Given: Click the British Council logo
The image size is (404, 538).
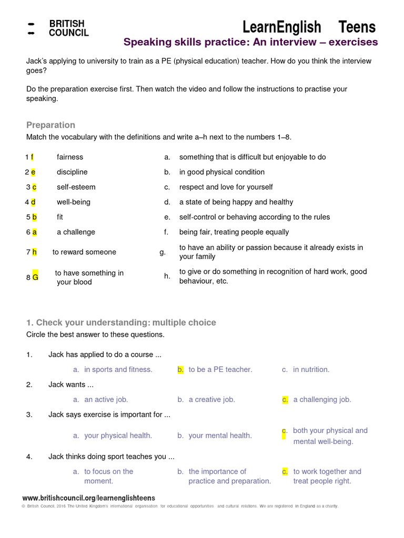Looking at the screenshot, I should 57,28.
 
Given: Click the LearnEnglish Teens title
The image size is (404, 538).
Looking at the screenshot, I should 309,27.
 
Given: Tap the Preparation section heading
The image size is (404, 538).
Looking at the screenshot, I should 50,125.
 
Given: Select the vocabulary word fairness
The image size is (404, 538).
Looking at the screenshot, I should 70,157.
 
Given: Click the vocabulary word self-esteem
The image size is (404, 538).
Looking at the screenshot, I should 76,187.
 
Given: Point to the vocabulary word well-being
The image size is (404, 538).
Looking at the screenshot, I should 74,202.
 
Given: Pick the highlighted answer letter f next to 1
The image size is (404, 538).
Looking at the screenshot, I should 32,157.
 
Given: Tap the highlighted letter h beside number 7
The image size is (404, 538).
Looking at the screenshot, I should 34,252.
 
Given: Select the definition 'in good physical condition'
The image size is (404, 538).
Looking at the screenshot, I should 221,172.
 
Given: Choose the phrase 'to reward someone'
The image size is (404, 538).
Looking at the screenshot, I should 84,252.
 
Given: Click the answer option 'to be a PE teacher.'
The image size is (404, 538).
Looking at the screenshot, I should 220,369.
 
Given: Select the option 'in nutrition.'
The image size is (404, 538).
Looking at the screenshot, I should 311,369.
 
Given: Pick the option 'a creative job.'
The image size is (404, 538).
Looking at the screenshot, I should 211,399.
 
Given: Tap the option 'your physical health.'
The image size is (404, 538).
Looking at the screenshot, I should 118,436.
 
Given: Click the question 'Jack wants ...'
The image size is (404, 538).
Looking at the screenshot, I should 67,385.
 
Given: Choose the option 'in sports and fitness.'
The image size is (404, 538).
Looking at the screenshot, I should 118,369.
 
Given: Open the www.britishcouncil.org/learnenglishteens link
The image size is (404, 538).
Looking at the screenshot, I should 88,498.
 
